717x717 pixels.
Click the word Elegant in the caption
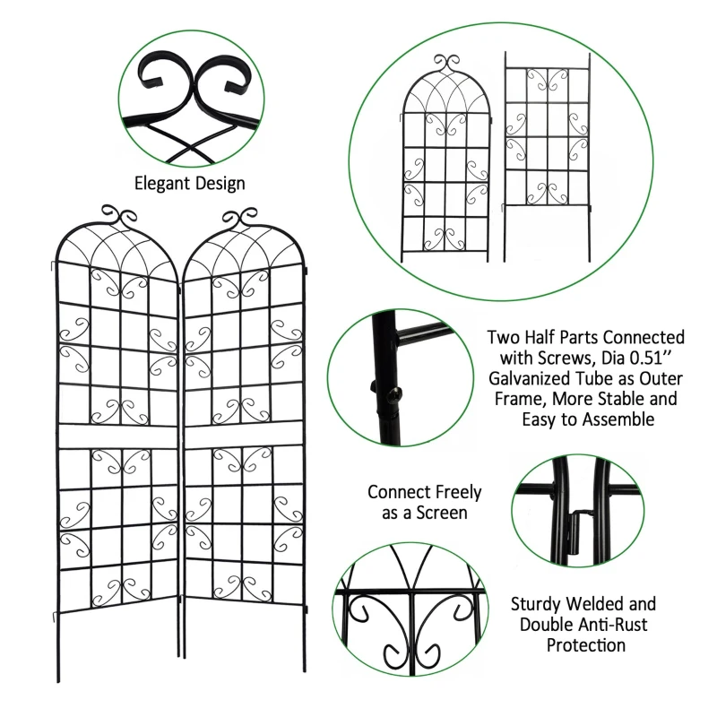pos(160,184)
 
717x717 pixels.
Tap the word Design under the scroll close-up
pos(216,184)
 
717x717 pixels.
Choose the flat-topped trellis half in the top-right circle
pos(547,134)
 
